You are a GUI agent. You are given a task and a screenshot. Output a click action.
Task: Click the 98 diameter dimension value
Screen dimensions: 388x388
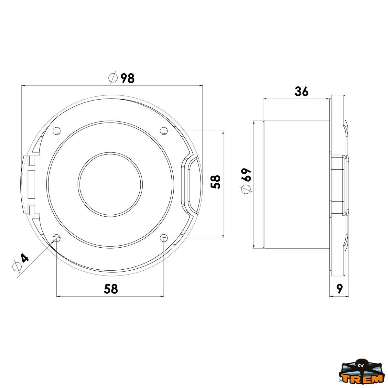(127, 78)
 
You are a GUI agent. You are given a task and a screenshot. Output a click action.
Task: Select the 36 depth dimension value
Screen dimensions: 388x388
(301, 92)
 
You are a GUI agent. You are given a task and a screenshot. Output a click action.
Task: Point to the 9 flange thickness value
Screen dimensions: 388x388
(339, 289)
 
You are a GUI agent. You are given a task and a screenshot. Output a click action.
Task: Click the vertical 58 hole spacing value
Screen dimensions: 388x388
(215, 182)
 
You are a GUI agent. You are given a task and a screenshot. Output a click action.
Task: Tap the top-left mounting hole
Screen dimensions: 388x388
(57, 131)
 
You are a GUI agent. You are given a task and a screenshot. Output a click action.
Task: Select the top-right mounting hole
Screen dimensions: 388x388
(164, 131)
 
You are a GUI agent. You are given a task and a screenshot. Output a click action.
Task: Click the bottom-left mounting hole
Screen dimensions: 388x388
(57, 238)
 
